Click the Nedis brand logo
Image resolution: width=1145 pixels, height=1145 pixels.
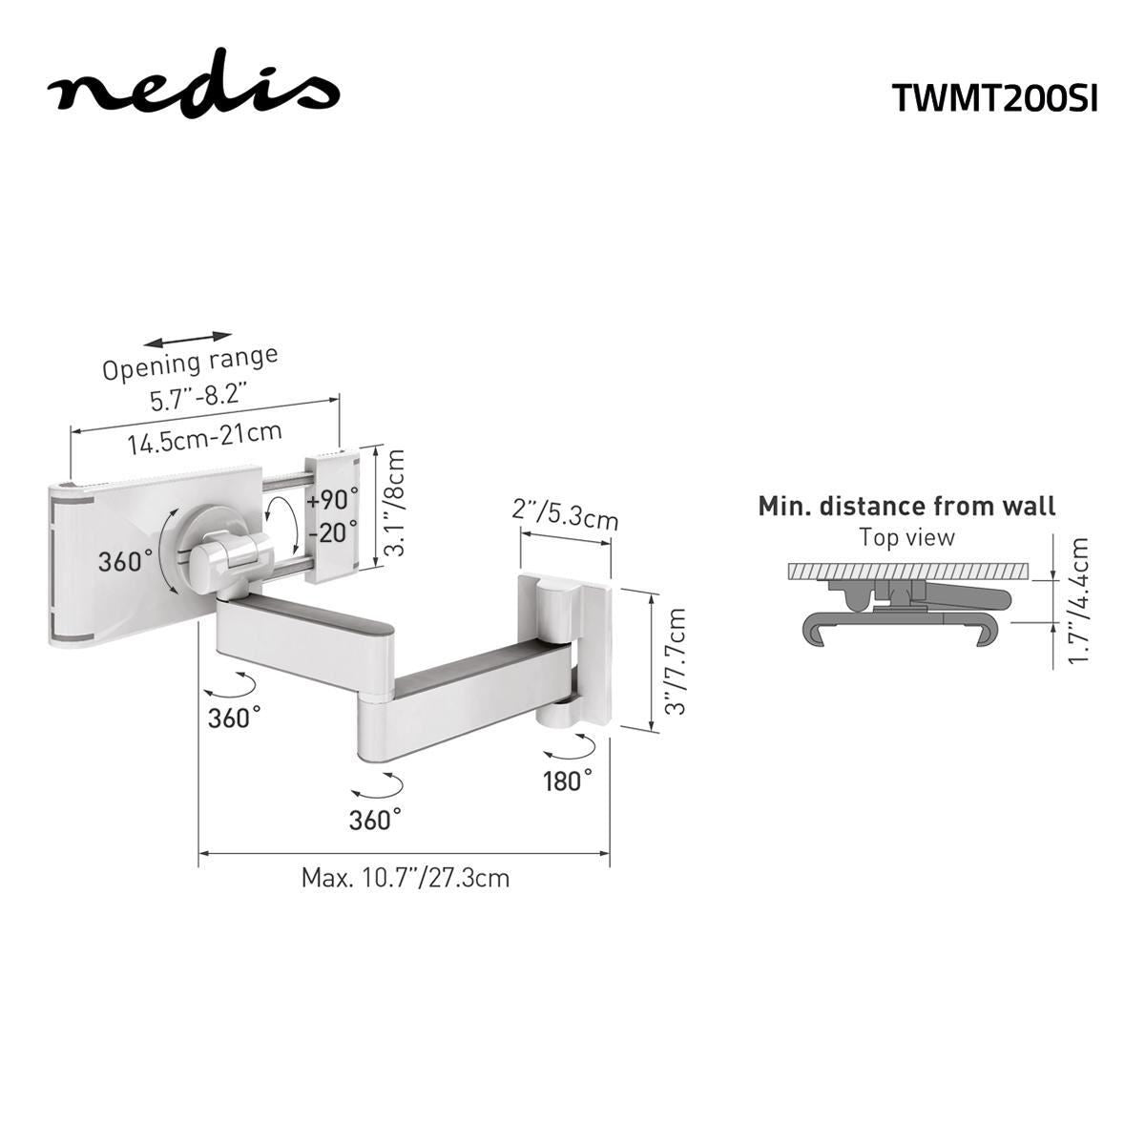194,91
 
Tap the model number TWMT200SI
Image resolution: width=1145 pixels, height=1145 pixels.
994,96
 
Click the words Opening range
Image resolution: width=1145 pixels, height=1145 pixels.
190,363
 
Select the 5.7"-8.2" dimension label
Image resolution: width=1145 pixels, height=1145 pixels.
198,396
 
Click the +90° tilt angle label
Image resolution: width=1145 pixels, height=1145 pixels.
333,500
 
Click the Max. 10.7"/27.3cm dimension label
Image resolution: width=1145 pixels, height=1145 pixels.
406,877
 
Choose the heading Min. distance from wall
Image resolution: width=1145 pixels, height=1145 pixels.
906,506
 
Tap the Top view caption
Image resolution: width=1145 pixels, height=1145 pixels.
906,537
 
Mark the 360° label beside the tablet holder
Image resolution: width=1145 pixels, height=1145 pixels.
125,561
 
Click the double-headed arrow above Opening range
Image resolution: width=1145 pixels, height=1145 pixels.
189,339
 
